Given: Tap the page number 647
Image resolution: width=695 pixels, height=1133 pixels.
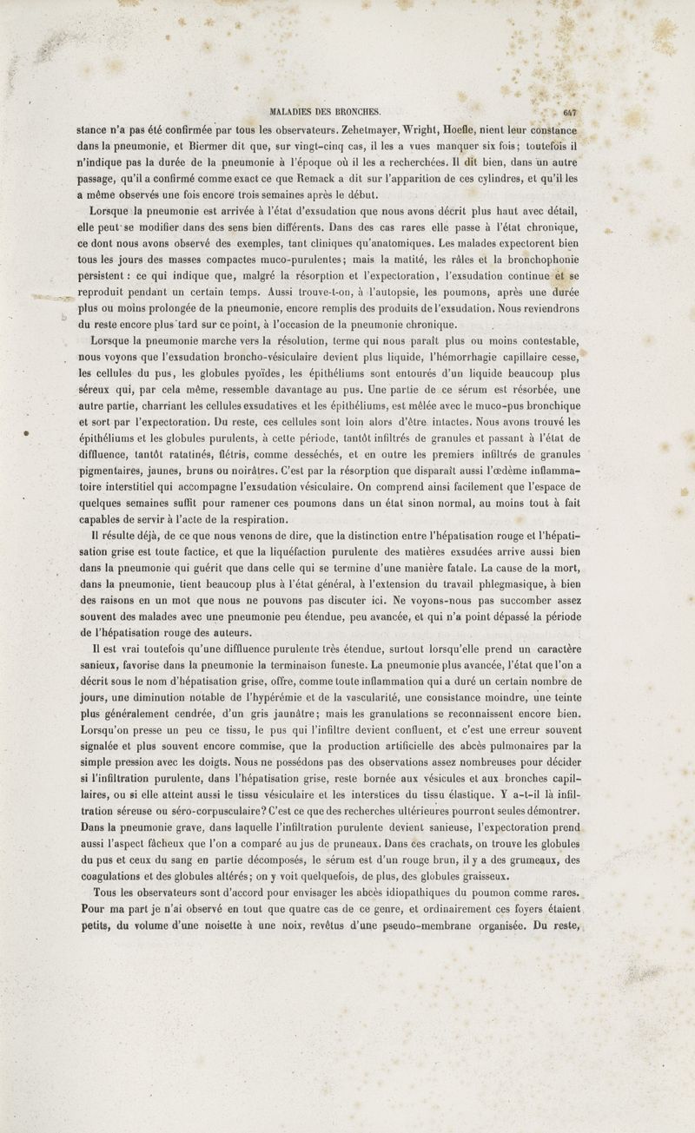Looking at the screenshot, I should coord(571,111).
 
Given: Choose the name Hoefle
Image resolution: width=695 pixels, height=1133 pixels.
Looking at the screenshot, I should coord(466,128).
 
